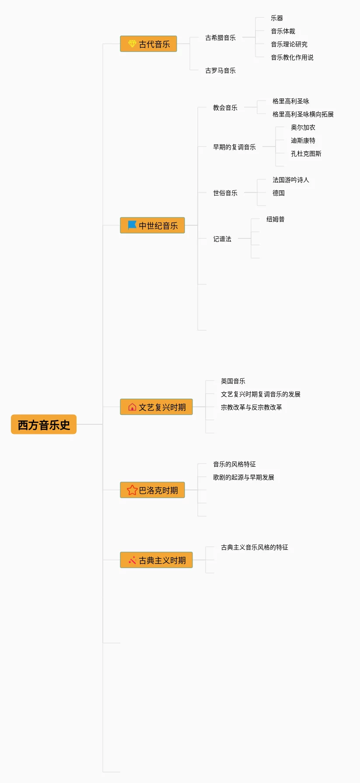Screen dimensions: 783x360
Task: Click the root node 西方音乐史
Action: coord(44,425)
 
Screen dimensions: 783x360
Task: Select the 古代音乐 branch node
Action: coord(149,44)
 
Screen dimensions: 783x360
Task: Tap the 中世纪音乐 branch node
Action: coord(153,226)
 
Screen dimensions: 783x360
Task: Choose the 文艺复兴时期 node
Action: coord(157,407)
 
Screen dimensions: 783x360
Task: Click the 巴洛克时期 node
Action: coord(153,490)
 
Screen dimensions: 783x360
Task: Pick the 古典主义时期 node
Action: coord(157,560)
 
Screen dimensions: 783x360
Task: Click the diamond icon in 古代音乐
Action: coord(132,44)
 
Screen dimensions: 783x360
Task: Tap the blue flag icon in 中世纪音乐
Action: coord(132,225)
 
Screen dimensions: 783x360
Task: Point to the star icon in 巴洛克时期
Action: coord(132,490)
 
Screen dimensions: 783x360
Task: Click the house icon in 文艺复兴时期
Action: coord(132,407)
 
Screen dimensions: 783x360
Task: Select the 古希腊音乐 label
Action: coord(220,38)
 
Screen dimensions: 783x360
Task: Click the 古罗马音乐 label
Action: coord(220,70)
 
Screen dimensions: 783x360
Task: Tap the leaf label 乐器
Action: coord(277,18)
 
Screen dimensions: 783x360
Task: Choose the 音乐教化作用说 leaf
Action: coord(292,57)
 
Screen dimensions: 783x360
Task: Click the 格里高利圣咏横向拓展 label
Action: coord(303,114)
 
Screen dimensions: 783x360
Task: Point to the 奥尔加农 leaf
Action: coord(303,127)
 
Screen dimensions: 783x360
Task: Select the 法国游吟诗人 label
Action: coord(291,180)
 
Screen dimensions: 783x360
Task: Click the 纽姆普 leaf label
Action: coord(276,219)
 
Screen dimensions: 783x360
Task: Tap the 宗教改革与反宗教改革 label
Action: coord(252,407)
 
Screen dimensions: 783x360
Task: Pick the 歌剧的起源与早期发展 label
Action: coord(244,477)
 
